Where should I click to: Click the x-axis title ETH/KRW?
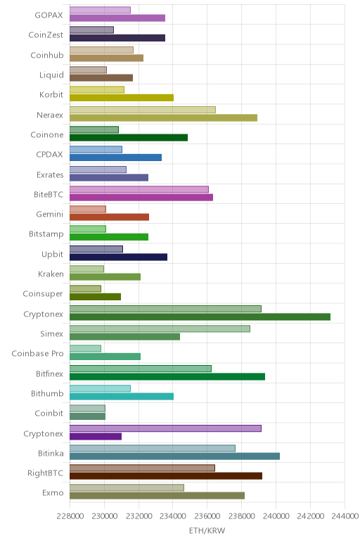click(x=207, y=530)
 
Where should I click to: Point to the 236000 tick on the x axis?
click(x=207, y=516)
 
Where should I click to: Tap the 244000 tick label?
click(x=345, y=516)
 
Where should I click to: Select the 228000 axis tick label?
click(x=70, y=516)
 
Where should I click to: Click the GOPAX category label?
click(x=49, y=15)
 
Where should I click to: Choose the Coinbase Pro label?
click(x=37, y=354)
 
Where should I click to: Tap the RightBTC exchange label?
click(x=45, y=473)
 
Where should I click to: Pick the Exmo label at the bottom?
click(x=53, y=493)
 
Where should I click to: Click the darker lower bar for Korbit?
click(x=122, y=98)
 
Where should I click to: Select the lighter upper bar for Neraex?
click(x=143, y=110)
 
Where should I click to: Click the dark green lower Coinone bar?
click(x=129, y=138)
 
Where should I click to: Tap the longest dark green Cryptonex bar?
click(x=200, y=317)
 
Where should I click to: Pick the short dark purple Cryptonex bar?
click(x=96, y=436)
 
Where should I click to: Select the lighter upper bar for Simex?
click(x=160, y=328)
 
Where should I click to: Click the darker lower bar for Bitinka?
click(x=174, y=456)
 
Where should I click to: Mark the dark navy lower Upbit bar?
click(x=118, y=257)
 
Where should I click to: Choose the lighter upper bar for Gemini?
click(x=88, y=209)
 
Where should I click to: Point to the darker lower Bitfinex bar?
click(x=167, y=377)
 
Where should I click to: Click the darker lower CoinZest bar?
click(x=117, y=38)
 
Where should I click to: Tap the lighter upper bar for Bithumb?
click(x=100, y=388)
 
